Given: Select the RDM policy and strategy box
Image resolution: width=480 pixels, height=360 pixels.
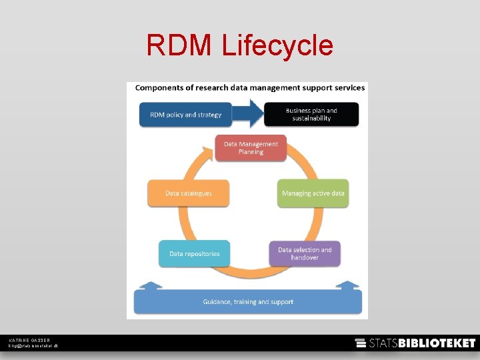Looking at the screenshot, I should (185, 115).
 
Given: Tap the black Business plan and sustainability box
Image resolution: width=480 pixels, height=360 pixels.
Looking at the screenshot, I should (311, 114).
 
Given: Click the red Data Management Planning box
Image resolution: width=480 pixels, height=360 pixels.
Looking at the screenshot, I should (251, 147).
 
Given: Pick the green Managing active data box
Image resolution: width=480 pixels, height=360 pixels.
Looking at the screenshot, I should (313, 193).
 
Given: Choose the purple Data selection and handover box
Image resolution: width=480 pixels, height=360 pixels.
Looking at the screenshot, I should (304, 253).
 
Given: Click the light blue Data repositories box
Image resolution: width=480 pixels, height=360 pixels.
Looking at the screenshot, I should (194, 253).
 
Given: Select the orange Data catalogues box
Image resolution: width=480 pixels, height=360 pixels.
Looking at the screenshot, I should (189, 193).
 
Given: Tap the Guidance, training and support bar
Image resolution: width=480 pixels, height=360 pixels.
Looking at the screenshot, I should (248, 302).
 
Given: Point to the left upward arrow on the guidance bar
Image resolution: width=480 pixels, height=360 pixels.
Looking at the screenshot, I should (151, 286).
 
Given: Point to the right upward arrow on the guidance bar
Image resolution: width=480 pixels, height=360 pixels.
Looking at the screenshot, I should (347, 286).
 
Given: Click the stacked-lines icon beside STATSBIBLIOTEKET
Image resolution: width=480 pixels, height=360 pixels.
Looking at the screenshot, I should (361, 343).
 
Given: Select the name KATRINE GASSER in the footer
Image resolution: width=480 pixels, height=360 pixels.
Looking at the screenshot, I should (29, 340).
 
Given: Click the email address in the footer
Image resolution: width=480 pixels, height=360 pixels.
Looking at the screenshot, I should (33, 346).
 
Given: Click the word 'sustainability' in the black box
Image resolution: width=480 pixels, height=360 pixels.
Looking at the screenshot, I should (311, 119).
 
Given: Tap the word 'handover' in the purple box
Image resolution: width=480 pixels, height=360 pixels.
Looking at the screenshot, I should (305, 257).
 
